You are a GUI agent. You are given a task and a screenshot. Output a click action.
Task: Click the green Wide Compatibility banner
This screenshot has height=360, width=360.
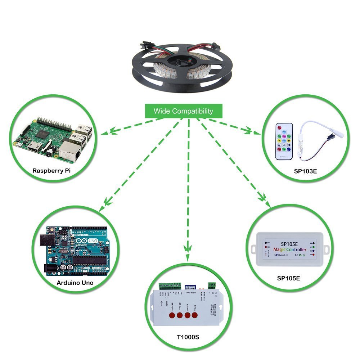coord(183,111)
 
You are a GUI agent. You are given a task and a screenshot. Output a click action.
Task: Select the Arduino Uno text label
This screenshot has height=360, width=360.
coord(75,283)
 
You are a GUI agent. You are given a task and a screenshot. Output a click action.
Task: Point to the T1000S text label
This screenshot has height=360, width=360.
coord(188,337)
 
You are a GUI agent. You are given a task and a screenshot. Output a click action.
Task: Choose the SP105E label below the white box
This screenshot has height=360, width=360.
coord(288,278)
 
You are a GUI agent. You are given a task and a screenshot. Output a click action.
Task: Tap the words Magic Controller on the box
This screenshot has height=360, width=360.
coord(290,249)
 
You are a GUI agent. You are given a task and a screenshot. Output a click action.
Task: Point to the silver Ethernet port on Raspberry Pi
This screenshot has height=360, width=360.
coord(68,149)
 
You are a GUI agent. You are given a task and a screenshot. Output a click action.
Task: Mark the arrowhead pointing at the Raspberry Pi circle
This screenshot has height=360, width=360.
coord(106,133)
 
